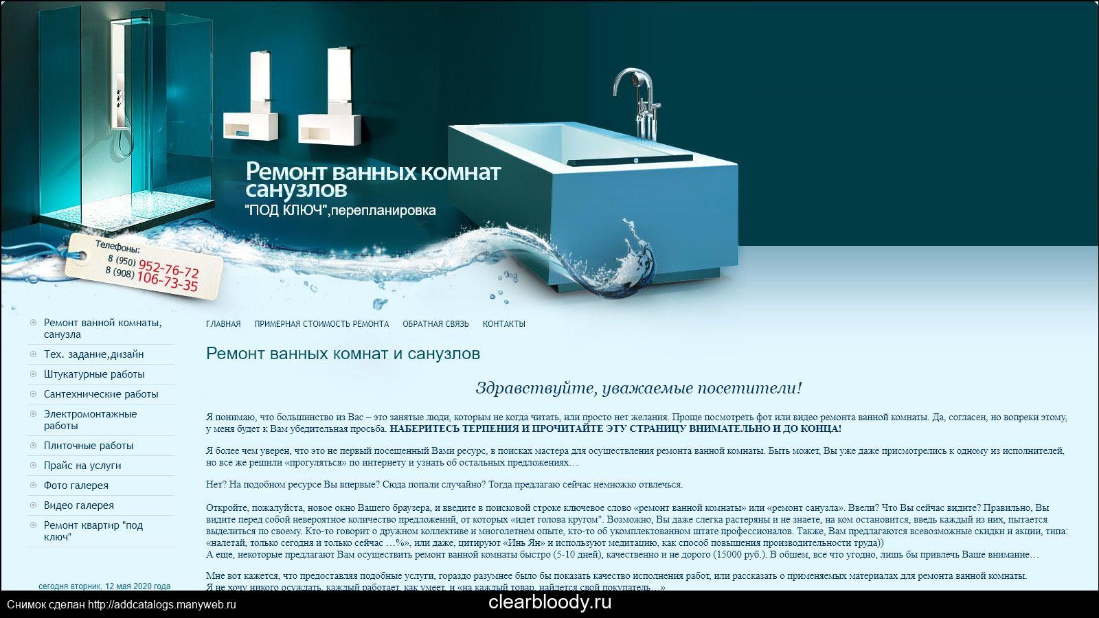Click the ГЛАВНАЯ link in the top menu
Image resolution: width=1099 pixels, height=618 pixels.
click(223, 323)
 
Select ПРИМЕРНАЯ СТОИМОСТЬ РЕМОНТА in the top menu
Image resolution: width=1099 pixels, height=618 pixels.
click(321, 323)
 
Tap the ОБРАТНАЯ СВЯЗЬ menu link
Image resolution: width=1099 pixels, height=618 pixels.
click(435, 323)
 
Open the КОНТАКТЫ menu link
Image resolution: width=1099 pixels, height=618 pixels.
click(504, 323)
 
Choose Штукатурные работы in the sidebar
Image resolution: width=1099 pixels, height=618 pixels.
click(94, 374)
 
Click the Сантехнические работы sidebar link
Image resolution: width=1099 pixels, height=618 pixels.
click(101, 394)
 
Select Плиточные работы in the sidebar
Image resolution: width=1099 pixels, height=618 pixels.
click(89, 446)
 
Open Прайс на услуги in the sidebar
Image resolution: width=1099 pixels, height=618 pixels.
click(82, 466)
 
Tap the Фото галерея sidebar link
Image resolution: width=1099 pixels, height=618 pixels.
click(76, 485)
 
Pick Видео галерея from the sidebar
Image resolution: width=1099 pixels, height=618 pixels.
click(78, 505)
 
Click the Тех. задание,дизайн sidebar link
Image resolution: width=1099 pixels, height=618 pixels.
click(93, 354)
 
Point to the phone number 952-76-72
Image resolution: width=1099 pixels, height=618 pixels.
click(168, 269)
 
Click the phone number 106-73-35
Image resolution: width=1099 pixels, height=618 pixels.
click(167, 282)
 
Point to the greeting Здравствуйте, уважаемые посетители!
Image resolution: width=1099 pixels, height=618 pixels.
click(638, 388)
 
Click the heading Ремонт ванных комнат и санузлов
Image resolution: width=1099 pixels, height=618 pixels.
click(343, 354)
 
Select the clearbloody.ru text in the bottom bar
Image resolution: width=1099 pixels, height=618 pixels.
click(549, 602)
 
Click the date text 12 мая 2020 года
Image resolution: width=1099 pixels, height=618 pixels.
click(138, 586)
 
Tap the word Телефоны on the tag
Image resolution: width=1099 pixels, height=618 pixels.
click(117, 247)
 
